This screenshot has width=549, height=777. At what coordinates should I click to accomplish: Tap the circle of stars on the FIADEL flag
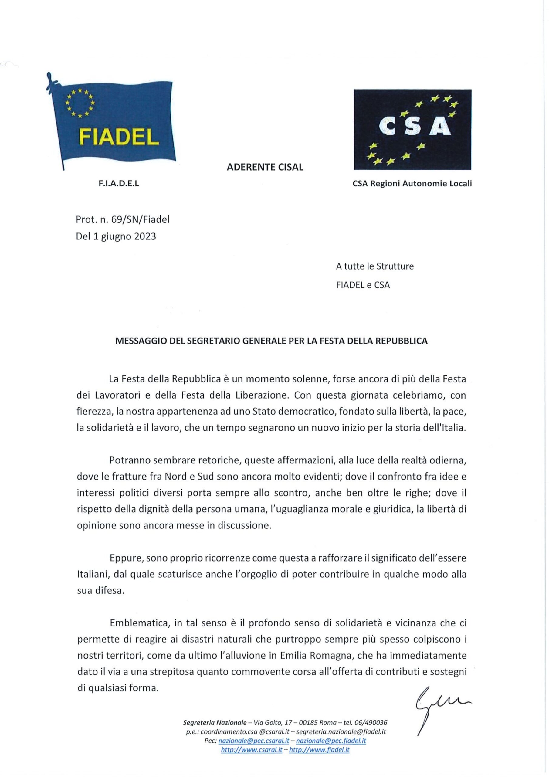(80, 103)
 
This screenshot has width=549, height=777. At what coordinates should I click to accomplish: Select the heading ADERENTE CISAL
(265, 167)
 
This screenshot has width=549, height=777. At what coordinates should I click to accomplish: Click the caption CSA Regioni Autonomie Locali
(412, 184)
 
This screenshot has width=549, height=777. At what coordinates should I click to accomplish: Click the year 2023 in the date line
(145, 236)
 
